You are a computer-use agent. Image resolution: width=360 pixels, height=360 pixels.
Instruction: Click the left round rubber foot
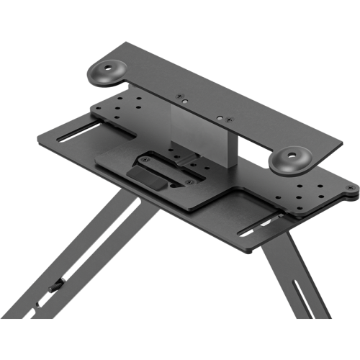109,72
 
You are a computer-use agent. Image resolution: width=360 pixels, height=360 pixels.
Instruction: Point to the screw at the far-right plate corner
351,188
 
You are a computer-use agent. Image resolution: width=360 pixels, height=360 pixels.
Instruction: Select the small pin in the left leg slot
55,289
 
